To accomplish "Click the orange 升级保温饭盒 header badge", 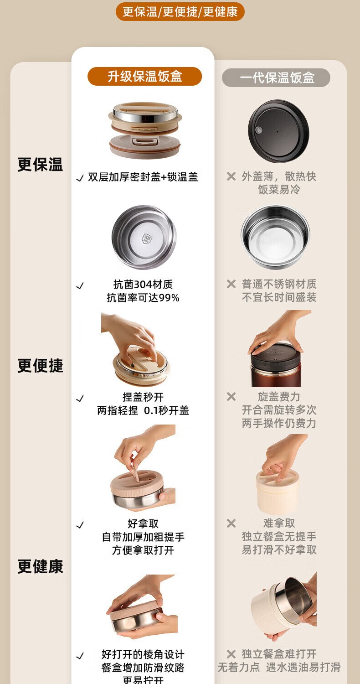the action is coord(144,76).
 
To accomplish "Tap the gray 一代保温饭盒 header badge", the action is coord(276,78).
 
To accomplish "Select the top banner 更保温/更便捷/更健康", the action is coord(180,12).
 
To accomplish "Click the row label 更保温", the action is coord(40,165).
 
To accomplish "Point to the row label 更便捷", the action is coord(40,366).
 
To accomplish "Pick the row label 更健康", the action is coord(40,566).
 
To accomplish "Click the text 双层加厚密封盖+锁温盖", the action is coord(143,177).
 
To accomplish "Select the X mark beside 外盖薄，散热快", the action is coord(231,176).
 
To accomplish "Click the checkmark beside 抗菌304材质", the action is coord(80,285).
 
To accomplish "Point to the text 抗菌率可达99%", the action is coord(143,298).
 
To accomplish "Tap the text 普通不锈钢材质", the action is coord(279,284).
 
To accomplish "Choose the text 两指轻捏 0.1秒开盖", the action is coord(143,410).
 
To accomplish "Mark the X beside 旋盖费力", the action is coord(231,396).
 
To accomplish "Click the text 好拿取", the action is coord(143,523).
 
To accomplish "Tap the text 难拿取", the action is coord(279,523).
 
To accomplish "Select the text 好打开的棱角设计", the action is coord(143,654).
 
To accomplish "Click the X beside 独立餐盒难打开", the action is coord(231,654).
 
